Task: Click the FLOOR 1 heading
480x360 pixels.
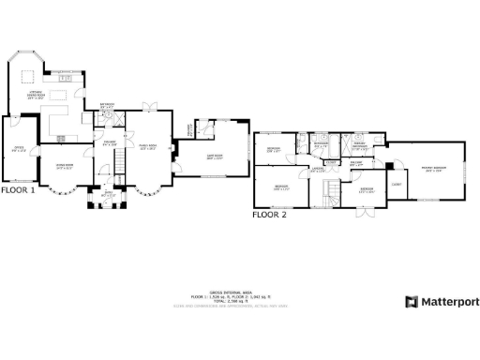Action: point(18,189)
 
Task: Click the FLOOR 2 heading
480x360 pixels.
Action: point(269,214)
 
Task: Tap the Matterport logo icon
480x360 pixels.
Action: point(411,302)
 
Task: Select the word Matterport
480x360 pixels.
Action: point(449,302)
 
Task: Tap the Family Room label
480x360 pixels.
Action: point(148,147)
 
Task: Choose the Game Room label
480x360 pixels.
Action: point(214,157)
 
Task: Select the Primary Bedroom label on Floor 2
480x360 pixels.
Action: point(434,171)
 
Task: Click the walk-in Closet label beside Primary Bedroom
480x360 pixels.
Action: point(397,185)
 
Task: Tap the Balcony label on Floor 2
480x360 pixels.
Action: point(356,162)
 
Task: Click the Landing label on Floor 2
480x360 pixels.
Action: point(319,170)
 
